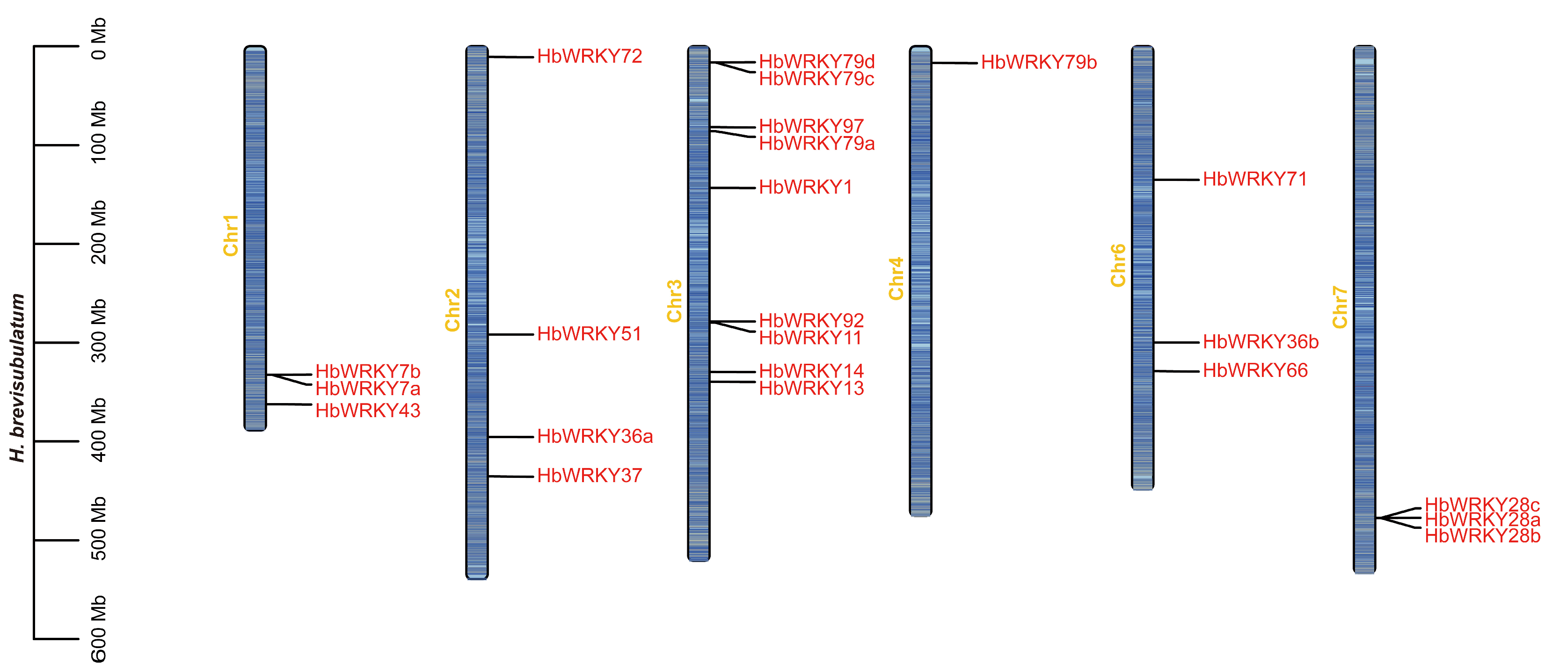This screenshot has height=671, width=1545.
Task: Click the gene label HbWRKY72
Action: point(589,57)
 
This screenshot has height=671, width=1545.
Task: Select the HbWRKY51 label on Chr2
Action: point(589,334)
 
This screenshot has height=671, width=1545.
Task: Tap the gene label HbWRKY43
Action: point(368,411)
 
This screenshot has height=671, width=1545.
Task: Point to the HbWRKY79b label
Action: point(1038,62)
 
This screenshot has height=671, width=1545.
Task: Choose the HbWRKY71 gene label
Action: point(1255,179)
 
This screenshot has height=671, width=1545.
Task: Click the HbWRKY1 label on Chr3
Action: point(805,187)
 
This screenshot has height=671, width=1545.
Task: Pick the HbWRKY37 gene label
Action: point(589,476)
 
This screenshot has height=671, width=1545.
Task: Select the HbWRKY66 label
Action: point(1255,371)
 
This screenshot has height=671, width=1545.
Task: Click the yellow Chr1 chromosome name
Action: point(231,236)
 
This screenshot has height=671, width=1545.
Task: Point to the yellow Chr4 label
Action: point(896,279)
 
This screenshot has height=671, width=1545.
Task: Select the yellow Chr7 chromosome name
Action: point(1340,307)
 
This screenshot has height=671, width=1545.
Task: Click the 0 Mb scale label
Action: point(98,39)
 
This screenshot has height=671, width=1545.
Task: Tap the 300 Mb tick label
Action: point(98,331)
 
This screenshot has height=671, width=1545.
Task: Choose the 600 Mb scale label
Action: point(98,628)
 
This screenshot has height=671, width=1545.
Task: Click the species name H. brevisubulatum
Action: point(17,378)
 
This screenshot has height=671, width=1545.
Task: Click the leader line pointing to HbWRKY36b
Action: point(1176,342)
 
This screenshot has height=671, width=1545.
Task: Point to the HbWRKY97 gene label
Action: point(811,126)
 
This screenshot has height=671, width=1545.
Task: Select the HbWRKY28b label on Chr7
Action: point(1482,536)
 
